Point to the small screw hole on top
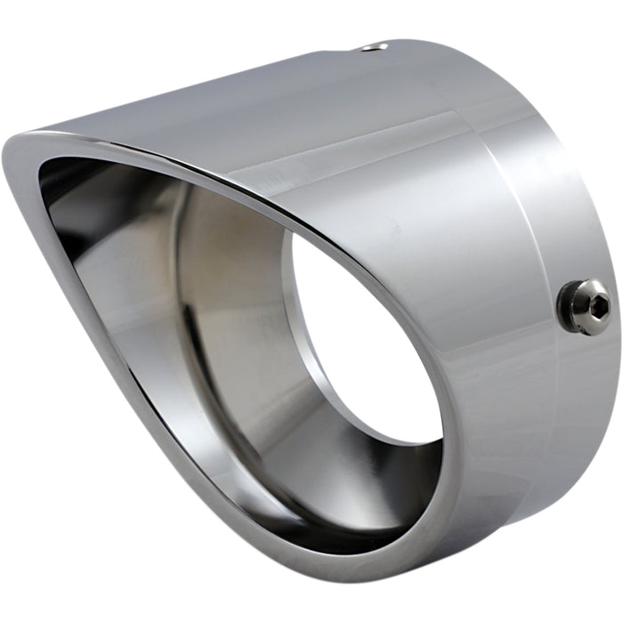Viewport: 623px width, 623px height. click(378, 46)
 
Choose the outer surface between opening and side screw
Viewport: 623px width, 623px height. click(481, 329)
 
